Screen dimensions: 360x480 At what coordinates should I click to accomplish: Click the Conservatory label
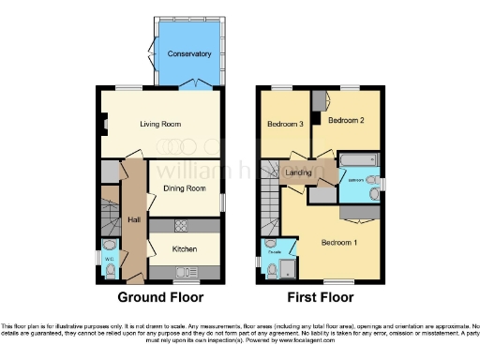tap(189, 54)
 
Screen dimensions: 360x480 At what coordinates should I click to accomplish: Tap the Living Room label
tap(160, 124)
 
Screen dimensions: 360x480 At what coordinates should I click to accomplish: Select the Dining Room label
tap(184, 188)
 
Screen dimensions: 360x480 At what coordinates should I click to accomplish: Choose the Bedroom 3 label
tap(285, 125)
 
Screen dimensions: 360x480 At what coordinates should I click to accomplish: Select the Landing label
tap(299, 172)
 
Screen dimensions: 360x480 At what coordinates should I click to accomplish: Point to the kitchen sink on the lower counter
tap(183, 273)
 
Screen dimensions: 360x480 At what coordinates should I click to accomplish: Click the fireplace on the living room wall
tap(104, 124)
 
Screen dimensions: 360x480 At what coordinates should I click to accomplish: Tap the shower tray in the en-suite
tap(285, 271)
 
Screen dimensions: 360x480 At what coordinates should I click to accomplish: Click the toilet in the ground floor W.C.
tap(110, 271)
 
